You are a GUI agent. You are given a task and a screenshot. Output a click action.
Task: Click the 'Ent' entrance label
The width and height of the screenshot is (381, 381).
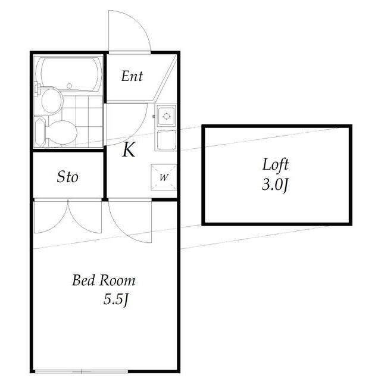click(132, 76)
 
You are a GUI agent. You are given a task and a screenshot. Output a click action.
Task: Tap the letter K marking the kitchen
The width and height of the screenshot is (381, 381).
click(129, 149)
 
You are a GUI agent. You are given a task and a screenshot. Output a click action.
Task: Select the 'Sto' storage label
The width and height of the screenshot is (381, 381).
click(67, 177)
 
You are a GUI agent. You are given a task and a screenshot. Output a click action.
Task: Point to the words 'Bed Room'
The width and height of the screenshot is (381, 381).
click(104, 280)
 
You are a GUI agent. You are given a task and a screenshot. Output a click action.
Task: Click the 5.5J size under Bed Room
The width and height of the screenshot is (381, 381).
click(115, 299)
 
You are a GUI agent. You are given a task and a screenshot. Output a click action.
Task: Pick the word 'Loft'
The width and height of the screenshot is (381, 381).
click(276, 164)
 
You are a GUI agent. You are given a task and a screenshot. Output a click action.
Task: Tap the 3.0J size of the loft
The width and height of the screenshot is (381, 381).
click(275, 185)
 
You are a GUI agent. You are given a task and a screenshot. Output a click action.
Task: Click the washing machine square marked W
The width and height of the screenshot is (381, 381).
click(164, 177)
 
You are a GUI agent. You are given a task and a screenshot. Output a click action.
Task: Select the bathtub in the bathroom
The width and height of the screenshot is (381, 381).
click(69, 74)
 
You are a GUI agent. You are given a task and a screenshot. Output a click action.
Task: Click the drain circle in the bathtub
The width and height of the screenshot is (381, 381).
click(69, 86)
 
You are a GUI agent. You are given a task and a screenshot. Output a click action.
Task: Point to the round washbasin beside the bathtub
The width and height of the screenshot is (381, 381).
click(52, 101)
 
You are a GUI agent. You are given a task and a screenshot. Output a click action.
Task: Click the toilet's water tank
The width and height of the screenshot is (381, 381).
click(40, 132)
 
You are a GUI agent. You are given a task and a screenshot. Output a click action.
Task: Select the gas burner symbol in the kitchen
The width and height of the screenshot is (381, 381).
click(167, 116)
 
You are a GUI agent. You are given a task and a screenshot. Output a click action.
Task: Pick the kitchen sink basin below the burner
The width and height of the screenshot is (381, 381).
click(167, 140)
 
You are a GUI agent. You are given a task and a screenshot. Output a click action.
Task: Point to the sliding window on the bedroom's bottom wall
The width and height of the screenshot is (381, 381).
click(82, 372)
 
